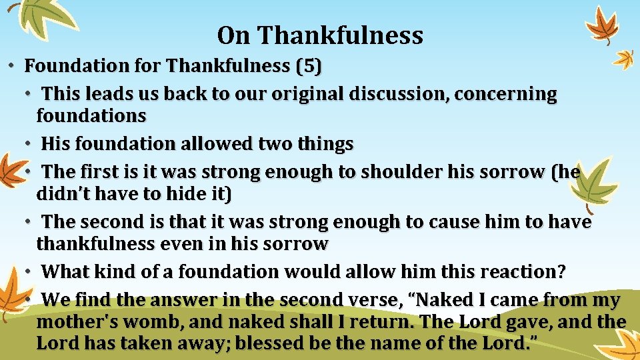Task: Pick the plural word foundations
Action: tap(91, 116)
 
